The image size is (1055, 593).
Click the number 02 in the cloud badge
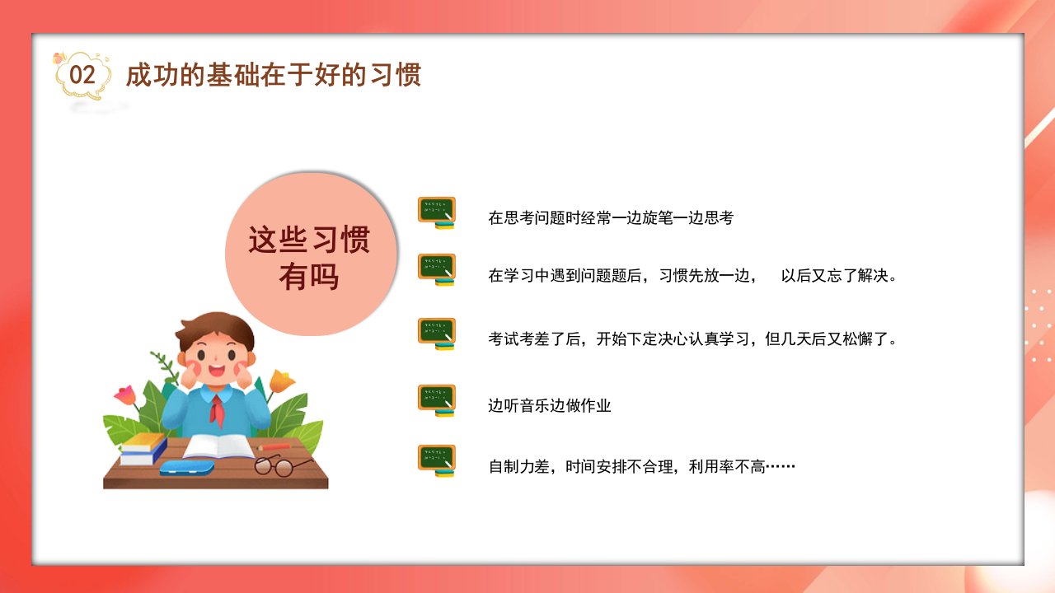(82, 75)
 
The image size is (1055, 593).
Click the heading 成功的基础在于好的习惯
(273, 75)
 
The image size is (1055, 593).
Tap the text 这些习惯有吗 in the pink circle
(309, 258)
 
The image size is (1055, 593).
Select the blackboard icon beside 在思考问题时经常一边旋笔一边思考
(437, 212)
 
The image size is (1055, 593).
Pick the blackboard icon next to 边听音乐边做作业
(437, 400)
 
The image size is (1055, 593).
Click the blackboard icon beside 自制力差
(437, 460)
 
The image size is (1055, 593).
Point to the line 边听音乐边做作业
(549, 406)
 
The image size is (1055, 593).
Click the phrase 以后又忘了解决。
(839, 275)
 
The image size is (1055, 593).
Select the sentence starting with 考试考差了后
(692, 339)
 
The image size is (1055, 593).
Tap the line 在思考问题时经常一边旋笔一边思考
(611, 218)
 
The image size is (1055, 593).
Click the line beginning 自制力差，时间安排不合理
(641, 467)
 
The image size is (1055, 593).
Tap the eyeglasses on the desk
(279, 465)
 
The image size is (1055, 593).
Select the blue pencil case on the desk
(186, 467)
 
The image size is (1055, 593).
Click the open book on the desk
(218, 446)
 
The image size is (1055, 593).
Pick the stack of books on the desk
(143, 449)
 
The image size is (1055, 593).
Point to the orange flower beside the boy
(281, 381)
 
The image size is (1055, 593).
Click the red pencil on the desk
(275, 446)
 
